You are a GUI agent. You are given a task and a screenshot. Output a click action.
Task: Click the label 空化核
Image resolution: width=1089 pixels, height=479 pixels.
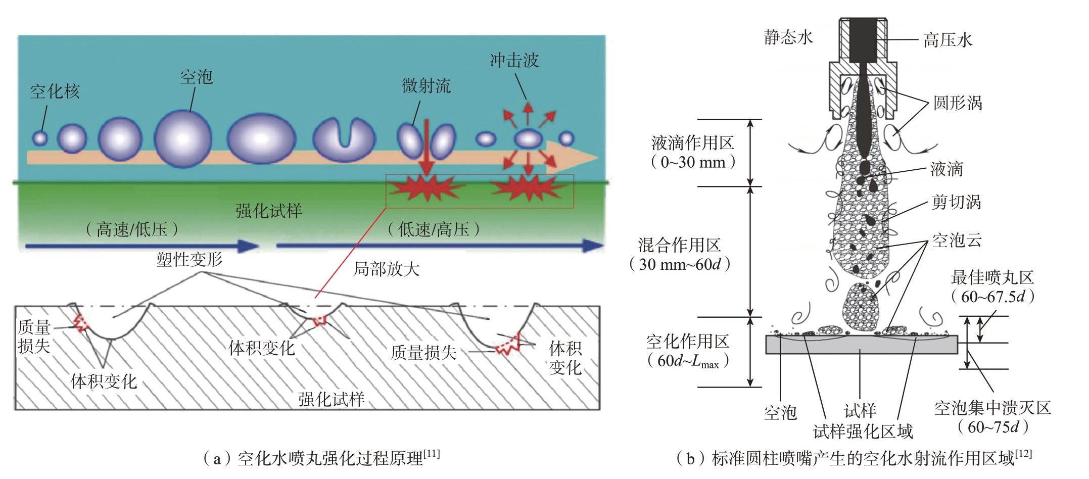(x=55, y=91)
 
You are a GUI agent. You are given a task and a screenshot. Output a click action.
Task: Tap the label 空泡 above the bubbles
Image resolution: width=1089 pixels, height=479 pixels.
(x=197, y=77)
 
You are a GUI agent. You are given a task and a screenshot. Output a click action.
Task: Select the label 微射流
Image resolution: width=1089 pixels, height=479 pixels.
(x=426, y=86)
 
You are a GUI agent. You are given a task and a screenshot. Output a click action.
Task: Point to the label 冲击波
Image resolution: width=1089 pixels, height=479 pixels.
(x=514, y=61)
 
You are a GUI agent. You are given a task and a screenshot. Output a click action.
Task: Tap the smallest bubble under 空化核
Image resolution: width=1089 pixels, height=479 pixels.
(x=40, y=138)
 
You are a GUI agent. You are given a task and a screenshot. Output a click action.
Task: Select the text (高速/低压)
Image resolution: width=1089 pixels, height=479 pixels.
(x=132, y=229)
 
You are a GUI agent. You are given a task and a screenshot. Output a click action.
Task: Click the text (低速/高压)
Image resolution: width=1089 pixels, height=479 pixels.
(x=434, y=229)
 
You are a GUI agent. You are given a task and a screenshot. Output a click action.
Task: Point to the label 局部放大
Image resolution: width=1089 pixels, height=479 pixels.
(x=387, y=269)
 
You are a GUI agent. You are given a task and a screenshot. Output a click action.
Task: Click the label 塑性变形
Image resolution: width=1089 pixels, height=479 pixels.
(x=190, y=260)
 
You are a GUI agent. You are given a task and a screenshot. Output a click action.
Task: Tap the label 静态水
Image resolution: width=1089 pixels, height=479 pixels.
(x=788, y=37)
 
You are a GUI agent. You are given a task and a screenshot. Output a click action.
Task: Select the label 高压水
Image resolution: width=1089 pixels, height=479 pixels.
(x=948, y=40)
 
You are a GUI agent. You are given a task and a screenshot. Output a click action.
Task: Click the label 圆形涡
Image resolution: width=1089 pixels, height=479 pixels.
(x=958, y=103)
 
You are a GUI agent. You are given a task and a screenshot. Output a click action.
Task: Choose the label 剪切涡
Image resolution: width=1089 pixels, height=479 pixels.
(x=957, y=202)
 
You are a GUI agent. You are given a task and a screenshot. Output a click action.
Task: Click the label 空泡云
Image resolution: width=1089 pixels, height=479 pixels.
(x=957, y=241)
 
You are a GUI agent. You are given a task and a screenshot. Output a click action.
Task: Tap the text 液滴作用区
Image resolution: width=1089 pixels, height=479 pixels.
(x=693, y=143)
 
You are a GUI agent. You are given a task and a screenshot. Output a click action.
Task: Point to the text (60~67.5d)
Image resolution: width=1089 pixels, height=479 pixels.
(x=992, y=297)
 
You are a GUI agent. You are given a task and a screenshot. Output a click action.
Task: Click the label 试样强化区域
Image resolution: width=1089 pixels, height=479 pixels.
(x=863, y=432)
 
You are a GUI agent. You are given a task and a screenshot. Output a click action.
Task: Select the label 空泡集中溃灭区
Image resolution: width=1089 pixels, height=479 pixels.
(x=992, y=408)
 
